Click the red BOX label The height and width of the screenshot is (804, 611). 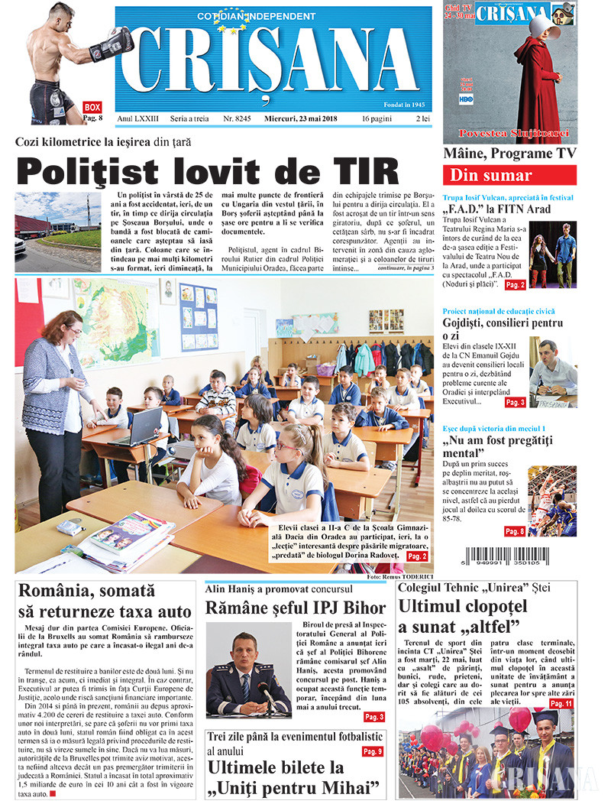click(x=92, y=107)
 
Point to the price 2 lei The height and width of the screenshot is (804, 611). click(x=422, y=119)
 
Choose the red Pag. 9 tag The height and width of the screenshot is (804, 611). click(x=372, y=751)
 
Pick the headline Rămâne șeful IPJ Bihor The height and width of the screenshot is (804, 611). click(x=296, y=610)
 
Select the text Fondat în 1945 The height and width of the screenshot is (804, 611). click(x=406, y=103)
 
